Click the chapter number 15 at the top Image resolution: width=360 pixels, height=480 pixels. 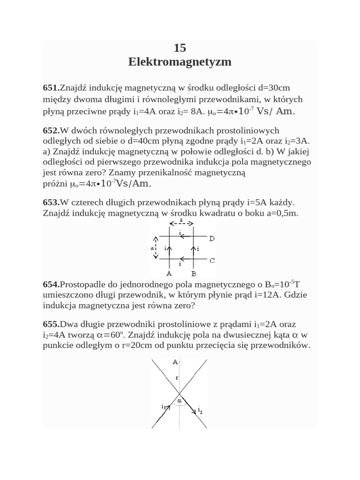click(x=180, y=48)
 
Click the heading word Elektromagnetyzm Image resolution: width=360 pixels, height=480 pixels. click(x=180, y=62)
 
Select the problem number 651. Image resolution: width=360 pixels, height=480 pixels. click(x=51, y=88)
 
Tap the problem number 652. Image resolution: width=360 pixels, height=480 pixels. click(x=51, y=130)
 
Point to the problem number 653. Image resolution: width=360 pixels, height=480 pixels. click(x=51, y=202)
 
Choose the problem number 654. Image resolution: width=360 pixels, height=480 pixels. click(x=51, y=285)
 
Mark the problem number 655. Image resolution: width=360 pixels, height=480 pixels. click(x=51, y=324)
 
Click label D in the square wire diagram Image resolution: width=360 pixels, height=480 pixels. click(x=212, y=239)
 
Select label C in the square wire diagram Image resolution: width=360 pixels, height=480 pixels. click(x=212, y=260)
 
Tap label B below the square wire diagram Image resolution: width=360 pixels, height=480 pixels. click(x=194, y=273)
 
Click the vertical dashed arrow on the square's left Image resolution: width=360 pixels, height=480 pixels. click(x=157, y=247)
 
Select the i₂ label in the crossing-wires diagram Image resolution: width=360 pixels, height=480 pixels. click(x=200, y=411)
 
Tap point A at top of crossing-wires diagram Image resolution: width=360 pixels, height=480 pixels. click(x=175, y=362)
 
